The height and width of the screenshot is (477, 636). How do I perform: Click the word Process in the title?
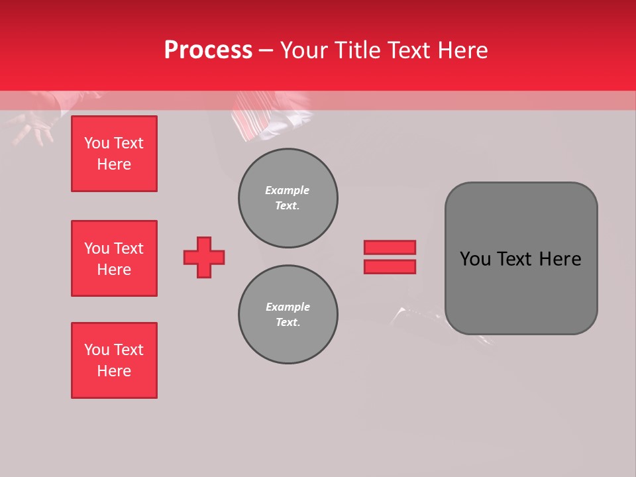click(208, 50)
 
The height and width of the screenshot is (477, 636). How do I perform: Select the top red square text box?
click(114, 154)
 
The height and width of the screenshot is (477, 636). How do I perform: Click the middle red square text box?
click(114, 258)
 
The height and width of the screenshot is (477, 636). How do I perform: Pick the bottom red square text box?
click(114, 360)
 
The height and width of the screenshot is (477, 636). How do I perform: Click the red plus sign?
click(204, 257)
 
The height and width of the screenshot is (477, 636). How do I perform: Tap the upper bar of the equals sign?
click(390, 247)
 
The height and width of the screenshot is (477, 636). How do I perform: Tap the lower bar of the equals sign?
click(390, 266)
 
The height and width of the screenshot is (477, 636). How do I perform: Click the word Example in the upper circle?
click(287, 190)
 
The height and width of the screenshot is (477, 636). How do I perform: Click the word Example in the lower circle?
click(288, 307)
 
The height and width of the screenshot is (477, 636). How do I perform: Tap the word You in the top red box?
click(97, 143)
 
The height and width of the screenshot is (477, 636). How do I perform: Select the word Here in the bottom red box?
click(114, 371)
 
